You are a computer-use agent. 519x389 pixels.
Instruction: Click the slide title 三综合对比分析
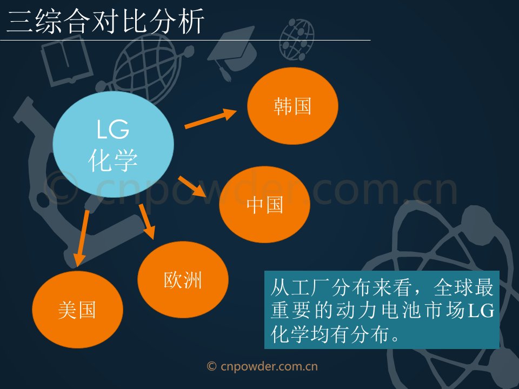(x=105, y=21)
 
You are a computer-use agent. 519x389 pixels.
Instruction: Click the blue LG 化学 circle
(x=113, y=145)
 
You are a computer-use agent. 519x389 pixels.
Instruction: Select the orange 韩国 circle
(x=292, y=106)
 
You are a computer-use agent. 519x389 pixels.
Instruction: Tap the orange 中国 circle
(x=264, y=204)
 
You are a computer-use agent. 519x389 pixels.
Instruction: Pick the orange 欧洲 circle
(x=183, y=280)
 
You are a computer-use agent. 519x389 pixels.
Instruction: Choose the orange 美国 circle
(x=77, y=310)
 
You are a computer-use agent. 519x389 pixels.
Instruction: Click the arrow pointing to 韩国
(x=210, y=118)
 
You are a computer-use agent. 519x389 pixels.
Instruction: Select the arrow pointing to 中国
(x=192, y=186)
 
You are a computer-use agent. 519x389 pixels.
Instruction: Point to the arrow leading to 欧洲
(x=147, y=222)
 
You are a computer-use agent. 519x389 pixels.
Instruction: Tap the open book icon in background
(x=66, y=61)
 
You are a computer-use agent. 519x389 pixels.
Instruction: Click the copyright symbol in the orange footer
(x=211, y=366)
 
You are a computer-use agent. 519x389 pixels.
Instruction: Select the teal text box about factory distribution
(x=382, y=310)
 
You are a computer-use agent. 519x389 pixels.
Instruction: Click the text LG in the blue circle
(x=112, y=129)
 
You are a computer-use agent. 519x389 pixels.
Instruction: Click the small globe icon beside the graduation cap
(x=297, y=39)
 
